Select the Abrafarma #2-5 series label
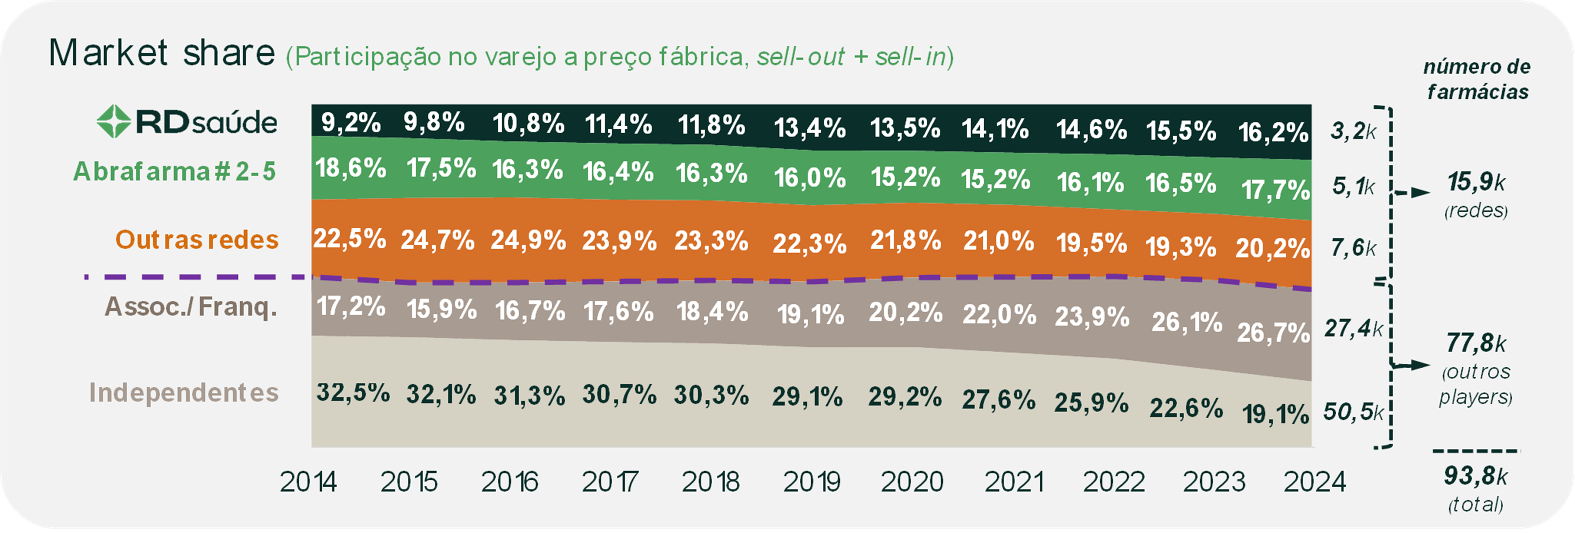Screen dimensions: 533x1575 pos(174,172)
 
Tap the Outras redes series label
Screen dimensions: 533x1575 pos(197,239)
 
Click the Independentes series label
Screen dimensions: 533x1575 pos(184,392)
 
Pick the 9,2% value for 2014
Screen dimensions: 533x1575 pos(351,123)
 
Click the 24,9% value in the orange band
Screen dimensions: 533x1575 pos(528,240)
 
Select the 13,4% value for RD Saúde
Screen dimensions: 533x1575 pos(810,128)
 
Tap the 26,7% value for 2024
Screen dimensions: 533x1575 pos(1274,333)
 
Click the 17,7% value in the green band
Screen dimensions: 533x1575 pos(1275,190)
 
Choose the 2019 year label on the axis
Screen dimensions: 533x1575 pos(811,482)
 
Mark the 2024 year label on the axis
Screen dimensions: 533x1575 pos(1315,482)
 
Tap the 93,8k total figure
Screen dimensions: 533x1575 pos(1476,476)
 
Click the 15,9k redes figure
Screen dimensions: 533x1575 pos(1476,182)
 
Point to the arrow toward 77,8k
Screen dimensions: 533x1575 pos(1412,366)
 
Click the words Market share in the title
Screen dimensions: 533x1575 pos(162,53)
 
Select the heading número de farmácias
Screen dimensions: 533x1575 pos(1477,80)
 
